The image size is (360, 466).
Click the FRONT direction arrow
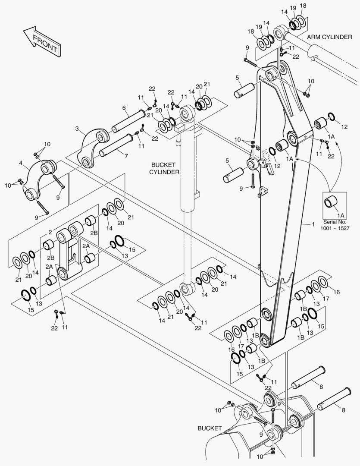(41, 41)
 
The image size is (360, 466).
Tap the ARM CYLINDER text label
(329, 37)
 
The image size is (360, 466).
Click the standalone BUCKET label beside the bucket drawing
(210, 428)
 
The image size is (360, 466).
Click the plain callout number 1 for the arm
(313, 224)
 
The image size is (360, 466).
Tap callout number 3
(77, 129)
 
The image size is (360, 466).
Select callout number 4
(21, 163)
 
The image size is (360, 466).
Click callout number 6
(124, 108)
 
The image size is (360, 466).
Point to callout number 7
(126, 156)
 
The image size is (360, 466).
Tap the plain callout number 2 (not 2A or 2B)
(50, 232)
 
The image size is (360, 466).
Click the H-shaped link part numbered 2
(69, 252)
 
